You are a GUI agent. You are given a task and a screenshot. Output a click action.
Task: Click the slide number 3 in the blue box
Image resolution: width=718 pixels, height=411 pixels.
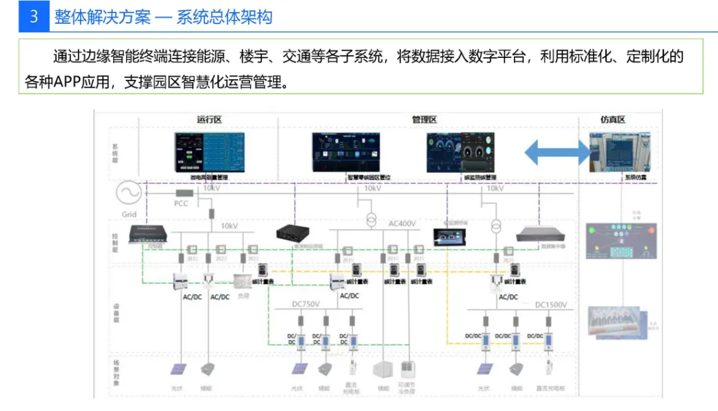click(x=34, y=17)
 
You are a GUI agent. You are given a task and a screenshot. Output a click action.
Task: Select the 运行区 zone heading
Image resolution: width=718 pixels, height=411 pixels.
click(x=209, y=120)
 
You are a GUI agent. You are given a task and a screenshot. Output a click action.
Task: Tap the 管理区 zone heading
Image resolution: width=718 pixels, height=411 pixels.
click(x=423, y=120)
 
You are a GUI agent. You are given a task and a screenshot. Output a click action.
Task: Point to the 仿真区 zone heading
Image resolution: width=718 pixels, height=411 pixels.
click(x=613, y=120)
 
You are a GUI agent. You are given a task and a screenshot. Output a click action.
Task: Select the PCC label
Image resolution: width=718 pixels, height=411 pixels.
click(x=181, y=203)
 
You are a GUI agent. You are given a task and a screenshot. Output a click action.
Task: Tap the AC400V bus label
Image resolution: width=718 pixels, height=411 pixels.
click(x=402, y=223)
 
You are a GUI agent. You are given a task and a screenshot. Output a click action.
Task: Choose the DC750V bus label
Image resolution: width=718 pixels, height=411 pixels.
click(x=306, y=304)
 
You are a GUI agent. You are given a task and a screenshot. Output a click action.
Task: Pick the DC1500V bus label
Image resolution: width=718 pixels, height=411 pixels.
click(x=551, y=305)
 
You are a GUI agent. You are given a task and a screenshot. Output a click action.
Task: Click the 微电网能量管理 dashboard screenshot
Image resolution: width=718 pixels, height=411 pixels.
click(x=209, y=153)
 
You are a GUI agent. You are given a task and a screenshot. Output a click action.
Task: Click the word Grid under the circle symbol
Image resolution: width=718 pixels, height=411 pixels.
click(x=129, y=214)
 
